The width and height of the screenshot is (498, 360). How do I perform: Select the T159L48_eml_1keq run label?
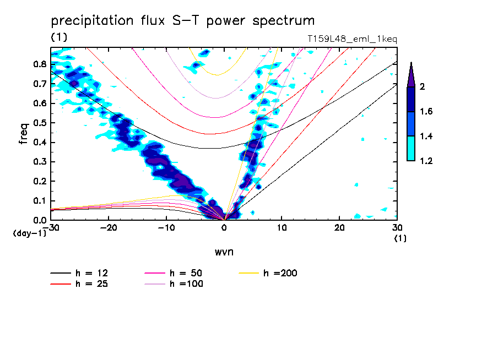coord(352,39)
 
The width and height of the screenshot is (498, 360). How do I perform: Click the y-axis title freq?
coord(24,133)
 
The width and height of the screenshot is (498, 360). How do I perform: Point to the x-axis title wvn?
coord(224,252)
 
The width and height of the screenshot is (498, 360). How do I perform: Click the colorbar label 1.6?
coord(426,112)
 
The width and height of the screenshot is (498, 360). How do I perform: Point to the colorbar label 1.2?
coord(426,161)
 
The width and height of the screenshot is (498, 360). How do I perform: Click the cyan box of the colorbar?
coord(411,149)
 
